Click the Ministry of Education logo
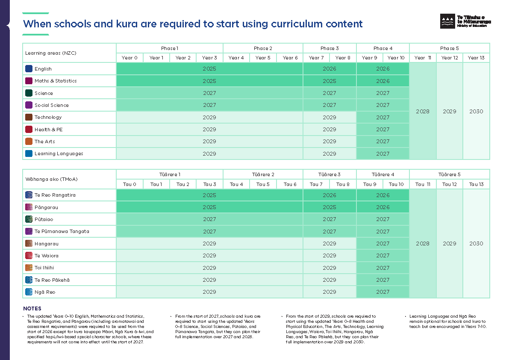[465, 21]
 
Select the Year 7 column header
[316, 58]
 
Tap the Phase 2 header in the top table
[263, 48]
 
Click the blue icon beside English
[29, 68]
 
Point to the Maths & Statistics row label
[56, 81]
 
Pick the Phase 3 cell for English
[330, 69]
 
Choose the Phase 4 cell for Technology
[383, 117]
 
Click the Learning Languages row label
[59, 153]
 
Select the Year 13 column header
[476, 58]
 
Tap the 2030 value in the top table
[476, 111]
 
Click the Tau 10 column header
[396, 184]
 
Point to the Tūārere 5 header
[449, 174]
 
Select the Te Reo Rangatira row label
[55, 195]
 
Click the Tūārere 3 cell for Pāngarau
[330, 207]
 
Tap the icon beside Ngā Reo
[29, 292]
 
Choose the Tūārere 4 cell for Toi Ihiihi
[383, 268]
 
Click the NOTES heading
[32, 309]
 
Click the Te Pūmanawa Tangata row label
[62, 231]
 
